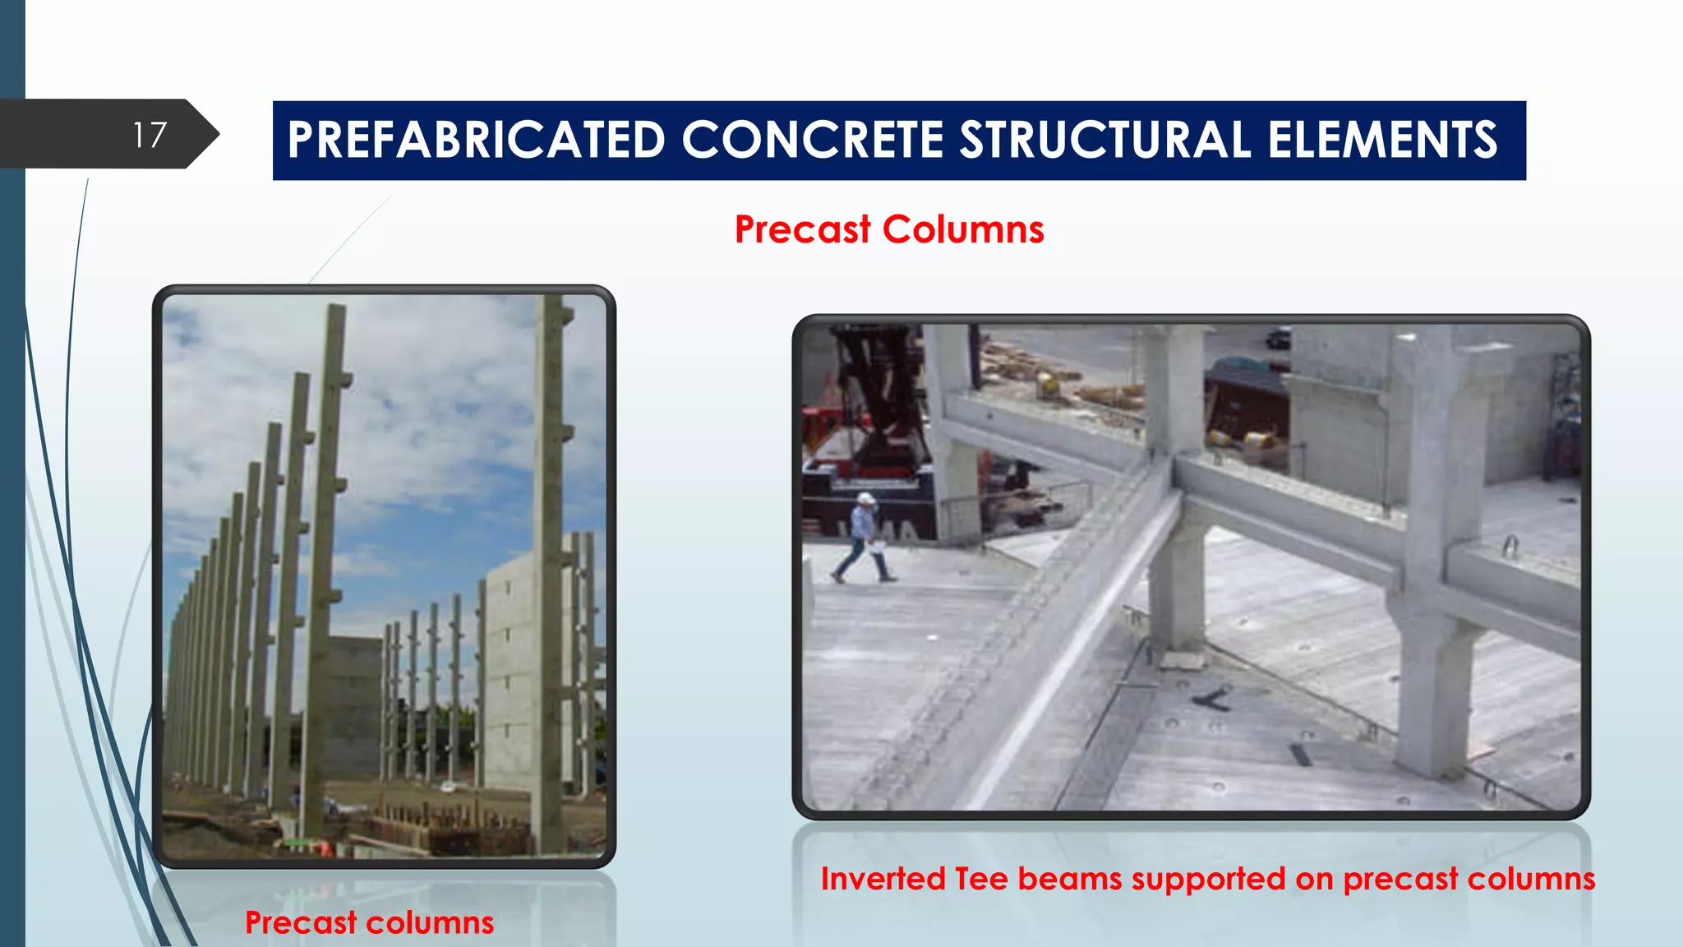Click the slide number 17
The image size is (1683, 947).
tap(150, 135)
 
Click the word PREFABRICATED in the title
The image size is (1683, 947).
tap(476, 140)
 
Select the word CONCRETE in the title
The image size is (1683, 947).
tap(812, 140)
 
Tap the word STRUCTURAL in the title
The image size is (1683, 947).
tap(1105, 140)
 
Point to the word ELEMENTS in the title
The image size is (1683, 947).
tap(1382, 140)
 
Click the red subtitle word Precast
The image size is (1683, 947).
tap(802, 229)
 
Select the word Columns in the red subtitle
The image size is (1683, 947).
tap(963, 229)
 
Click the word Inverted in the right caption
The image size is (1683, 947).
tap(883, 879)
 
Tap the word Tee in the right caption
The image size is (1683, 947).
tap(981, 879)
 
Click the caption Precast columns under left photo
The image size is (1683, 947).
tap(369, 922)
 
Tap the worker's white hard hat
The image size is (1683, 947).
tap(865, 498)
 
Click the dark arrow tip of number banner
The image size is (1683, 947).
tap(210, 134)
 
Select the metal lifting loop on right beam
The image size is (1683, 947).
tap(1510, 546)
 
